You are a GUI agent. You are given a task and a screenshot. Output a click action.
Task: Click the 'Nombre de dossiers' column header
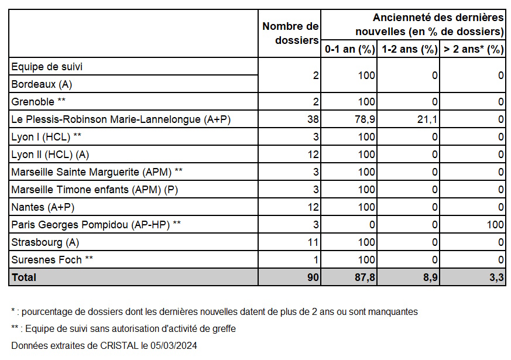(x=290, y=33)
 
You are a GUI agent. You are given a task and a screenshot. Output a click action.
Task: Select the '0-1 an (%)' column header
(x=350, y=49)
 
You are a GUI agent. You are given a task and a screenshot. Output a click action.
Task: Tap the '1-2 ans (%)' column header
(x=410, y=49)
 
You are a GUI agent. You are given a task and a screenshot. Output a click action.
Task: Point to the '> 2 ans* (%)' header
(x=474, y=49)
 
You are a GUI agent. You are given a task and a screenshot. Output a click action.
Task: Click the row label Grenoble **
(x=39, y=102)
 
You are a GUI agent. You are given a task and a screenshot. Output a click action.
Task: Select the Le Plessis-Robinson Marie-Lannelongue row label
(x=121, y=119)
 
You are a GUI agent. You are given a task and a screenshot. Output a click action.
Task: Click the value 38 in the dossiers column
(x=313, y=119)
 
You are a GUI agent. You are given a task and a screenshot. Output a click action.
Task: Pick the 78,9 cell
(x=365, y=119)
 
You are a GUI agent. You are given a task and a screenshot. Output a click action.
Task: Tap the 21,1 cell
(x=427, y=119)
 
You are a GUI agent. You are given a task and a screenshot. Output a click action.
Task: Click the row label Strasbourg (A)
(x=45, y=242)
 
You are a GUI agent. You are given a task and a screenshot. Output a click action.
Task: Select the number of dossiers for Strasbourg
(x=313, y=242)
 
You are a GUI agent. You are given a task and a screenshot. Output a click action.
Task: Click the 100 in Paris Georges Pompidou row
(x=495, y=225)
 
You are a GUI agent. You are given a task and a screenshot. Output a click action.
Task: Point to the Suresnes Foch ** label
(x=52, y=260)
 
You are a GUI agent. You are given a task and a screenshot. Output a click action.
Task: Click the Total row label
(x=24, y=277)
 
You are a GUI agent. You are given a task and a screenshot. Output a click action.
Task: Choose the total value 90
(x=313, y=277)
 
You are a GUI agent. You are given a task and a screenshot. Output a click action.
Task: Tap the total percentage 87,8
(x=365, y=277)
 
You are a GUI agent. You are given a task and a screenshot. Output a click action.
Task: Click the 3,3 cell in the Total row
(x=497, y=277)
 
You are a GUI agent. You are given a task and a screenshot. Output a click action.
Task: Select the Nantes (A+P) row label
(x=43, y=207)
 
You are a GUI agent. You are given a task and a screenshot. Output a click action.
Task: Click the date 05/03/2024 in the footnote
(x=174, y=345)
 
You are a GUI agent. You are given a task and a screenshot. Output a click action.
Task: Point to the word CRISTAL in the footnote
(x=119, y=345)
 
